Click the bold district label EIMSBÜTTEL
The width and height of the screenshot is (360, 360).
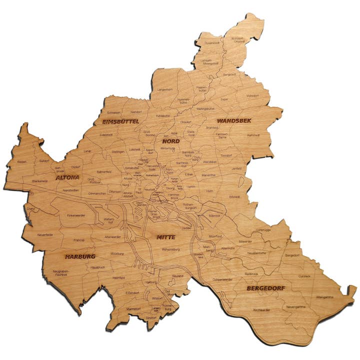click(x=120, y=121)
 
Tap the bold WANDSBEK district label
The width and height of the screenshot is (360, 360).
click(x=234, y=121)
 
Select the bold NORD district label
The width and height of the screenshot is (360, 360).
click(x=170, y=141)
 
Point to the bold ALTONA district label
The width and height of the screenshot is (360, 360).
click(x=67, y=177)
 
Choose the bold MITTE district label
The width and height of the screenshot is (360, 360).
click(x=165, y=237)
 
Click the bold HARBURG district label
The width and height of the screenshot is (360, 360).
click(x=80, y=256)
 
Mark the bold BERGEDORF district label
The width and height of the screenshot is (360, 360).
click(x=265, y=288)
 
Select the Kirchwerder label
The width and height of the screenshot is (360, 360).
click(x=262, y=310)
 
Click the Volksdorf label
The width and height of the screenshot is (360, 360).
click(x=252, y=95)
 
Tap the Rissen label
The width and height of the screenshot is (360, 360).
click(x=21, y=161)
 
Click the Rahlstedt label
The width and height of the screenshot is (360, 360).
click(x=253, y=135)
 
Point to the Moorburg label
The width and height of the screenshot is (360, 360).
click(x=116, y=253)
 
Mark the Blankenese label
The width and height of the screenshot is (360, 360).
click(x=39, y=180)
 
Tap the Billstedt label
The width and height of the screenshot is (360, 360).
click(x=234, y=197)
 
